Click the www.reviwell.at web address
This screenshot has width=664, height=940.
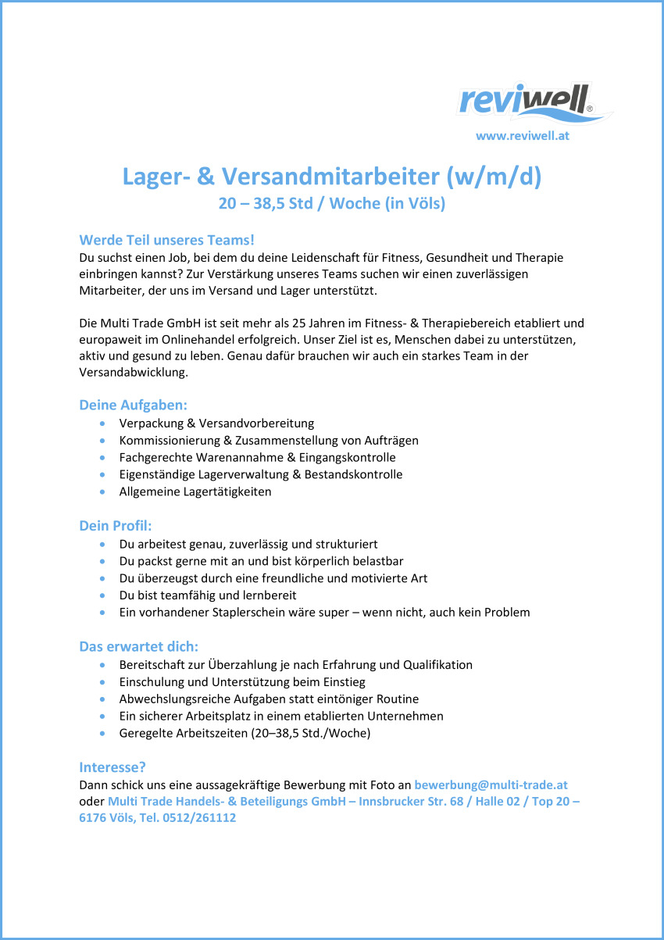click(x=522, y=135)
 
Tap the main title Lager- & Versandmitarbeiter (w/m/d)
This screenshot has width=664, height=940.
click(x=331, y=177)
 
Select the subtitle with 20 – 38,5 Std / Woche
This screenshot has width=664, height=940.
click(x=331, y=204)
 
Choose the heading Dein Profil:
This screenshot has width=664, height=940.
click(x=116, y=525)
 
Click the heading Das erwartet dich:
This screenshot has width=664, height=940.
click(x=138, y=646)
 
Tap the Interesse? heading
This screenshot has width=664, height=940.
click(x=112, y=767)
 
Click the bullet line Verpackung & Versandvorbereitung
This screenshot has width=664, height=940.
click(x=216, y=424)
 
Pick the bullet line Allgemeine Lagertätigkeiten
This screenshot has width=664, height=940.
click(x=195, y=491)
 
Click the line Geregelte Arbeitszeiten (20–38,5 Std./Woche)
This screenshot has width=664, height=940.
click(x=245, y=733)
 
